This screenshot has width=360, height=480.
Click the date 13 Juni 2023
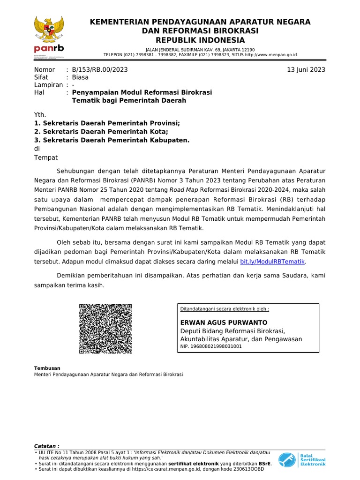(x=306, y=70)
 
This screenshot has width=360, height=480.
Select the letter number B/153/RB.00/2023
(x=100, y=70)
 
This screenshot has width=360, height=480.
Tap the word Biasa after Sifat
(x=80, y=77)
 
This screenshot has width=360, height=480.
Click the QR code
(x=105, y=329)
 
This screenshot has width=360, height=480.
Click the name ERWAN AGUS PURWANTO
(x=224, y=322)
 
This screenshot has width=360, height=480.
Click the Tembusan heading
(x=47, y=368)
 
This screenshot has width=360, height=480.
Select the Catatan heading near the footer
(x=47, y=445)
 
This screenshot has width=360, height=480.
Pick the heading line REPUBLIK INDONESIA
(x=200, y=40)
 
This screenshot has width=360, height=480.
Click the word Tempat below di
(x=46, y=157)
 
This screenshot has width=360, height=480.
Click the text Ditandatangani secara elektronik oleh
(x=225, y=309)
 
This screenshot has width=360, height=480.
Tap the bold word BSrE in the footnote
(x=264, y=463)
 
